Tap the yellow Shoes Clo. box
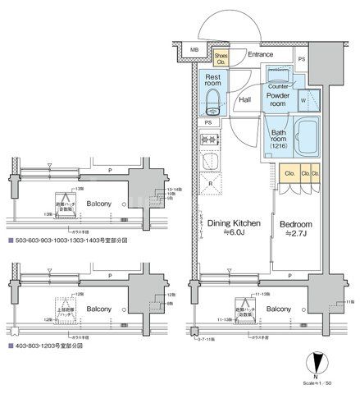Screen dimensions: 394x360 coord(221,57)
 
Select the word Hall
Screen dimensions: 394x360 coord(244,100)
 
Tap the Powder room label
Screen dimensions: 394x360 coord(279,99)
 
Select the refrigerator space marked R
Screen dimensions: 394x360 coord(211,185)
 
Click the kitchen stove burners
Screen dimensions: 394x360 coord(211,161)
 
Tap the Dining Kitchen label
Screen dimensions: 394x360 coord(233,222)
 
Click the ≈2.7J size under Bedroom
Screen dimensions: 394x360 coord(294,233)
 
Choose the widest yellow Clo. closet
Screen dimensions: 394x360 coord(290,174)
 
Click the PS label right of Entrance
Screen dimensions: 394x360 coord(302,59)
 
